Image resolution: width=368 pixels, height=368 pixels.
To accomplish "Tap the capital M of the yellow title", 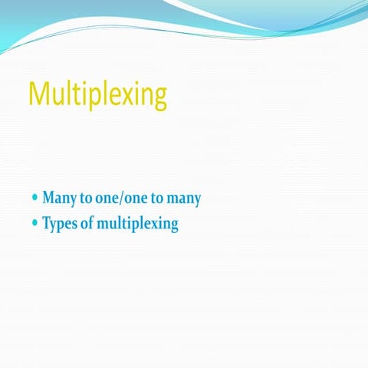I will point(38,94).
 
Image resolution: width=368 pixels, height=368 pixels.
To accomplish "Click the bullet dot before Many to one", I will point(34,197).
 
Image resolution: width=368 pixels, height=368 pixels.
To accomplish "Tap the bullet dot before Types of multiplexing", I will point(34,223).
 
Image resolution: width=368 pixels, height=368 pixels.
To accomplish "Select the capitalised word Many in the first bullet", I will point(58,199).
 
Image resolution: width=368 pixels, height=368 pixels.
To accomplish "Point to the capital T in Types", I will point(46,224).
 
